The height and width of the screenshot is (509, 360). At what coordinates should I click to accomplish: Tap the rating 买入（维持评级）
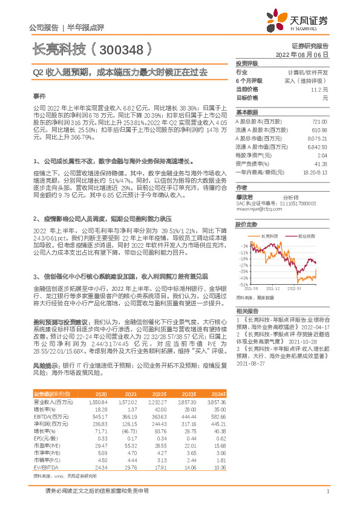tap(307, 80)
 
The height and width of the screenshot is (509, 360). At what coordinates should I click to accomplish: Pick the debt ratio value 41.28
tap(321, 164)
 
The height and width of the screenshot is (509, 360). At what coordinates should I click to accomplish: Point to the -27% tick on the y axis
tap(243, 265)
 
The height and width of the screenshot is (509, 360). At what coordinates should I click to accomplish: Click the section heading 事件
tap(39, 96)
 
